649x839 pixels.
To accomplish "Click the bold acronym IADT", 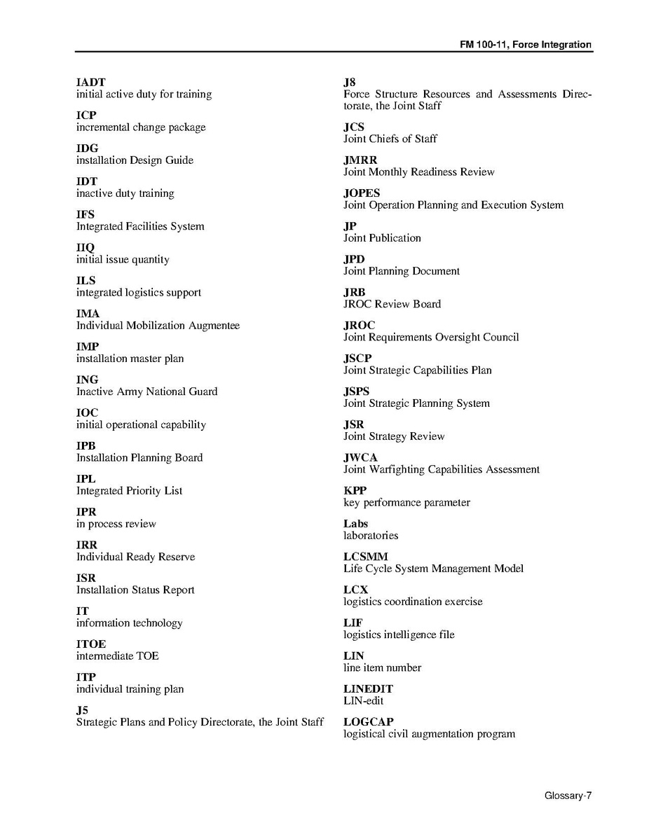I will click(90, 83).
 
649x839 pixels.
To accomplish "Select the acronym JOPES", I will click(362, 193).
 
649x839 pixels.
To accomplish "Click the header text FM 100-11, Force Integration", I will click(526, 45).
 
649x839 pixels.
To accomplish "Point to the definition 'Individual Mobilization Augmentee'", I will click(158, 326).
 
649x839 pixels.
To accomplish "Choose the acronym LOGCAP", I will click(368, 722).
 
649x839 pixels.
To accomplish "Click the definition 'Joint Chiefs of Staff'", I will click(390, 139).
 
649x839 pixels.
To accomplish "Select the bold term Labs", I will click(355, 524).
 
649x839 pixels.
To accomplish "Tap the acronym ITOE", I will click(91, 644).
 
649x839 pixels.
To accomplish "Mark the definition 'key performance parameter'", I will click(407, 503).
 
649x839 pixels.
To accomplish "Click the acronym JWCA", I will click(360, 458).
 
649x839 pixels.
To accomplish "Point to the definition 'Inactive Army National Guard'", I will click(146, 391).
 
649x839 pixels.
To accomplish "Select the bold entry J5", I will click(82, 710).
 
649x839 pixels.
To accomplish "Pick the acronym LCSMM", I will click(365, 557).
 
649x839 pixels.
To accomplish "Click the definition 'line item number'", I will click(382, 667).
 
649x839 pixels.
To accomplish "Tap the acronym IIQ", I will click(85, 248).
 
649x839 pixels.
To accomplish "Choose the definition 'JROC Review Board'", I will click(392, 304).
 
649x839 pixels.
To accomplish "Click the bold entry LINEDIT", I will click(368, 689).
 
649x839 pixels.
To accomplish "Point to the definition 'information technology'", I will click(129, 623).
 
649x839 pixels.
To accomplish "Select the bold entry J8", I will click(349, 83).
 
